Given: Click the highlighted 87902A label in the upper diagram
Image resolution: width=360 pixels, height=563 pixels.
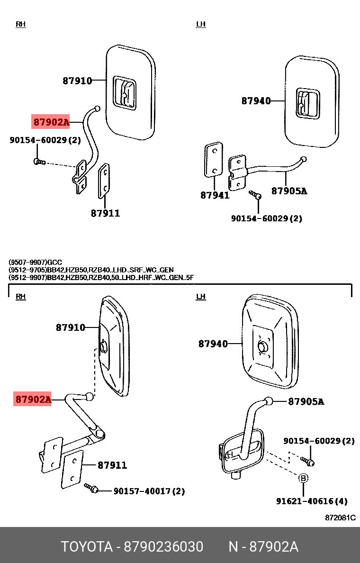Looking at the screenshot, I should (x=51, y=122).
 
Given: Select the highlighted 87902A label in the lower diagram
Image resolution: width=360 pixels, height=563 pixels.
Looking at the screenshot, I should (x=33, y=400).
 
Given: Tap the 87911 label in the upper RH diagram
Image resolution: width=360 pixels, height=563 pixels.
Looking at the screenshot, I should (x=105, y=213).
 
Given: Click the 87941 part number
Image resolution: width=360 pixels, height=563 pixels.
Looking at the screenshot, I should (x=215, y=195).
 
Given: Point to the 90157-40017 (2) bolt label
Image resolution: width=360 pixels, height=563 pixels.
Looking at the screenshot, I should (x=149, y=491).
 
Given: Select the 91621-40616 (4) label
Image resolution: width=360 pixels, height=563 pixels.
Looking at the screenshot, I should (x=312, y=501).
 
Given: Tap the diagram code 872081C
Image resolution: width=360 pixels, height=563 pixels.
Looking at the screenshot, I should (x=340, y=518).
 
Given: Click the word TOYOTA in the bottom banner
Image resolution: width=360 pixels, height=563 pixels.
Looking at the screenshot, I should (x=86, y=547).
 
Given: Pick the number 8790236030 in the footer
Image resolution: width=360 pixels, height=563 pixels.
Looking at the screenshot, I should (x=163, y=547).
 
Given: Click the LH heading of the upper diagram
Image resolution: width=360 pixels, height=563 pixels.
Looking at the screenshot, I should (x=201, y=24).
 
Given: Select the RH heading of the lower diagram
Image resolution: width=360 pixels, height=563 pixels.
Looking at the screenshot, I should (x=20, y=297).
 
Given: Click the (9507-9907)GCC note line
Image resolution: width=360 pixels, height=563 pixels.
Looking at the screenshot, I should (x=35, y=262).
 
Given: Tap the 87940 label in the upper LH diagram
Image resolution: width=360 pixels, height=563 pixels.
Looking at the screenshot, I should (x=256, y=100).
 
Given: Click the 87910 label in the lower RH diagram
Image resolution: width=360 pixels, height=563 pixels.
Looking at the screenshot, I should (x=71, y=327).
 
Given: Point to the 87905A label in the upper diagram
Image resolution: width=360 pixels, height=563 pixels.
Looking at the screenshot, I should (x=289, y=191).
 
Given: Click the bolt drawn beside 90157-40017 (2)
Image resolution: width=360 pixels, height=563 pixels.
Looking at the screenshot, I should (x=91, y=488).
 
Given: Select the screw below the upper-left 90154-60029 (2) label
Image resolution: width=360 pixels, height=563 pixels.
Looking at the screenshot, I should (x=40, y=162).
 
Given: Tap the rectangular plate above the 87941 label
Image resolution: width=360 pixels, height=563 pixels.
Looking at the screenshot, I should (x=213, y=160).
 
